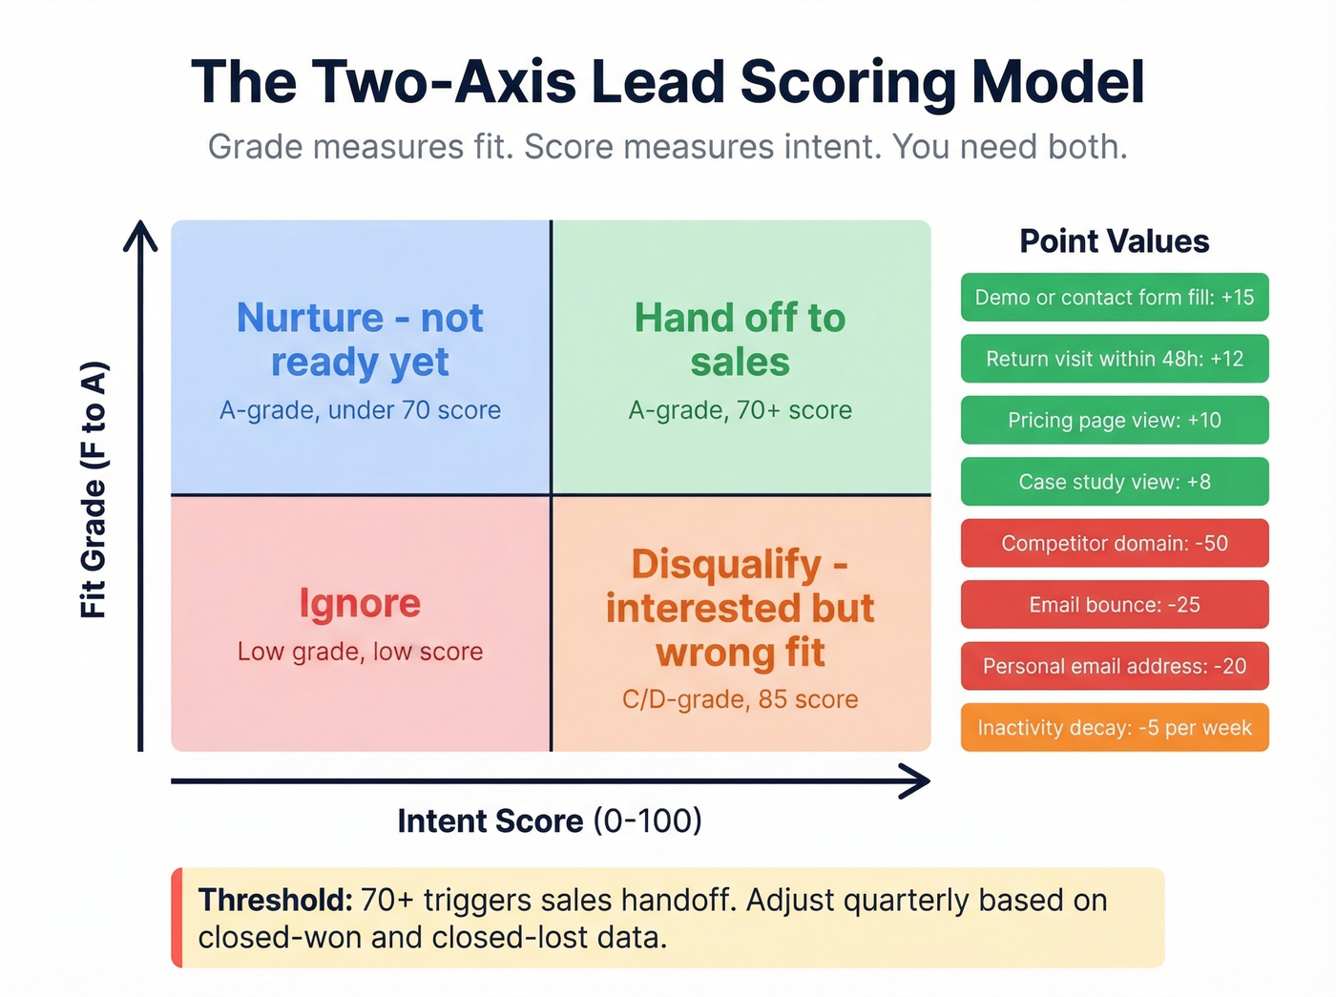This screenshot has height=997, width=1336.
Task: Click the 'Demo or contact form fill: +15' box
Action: (x=1114, y=298)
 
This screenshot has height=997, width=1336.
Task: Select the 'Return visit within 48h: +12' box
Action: (x=1114, y=359)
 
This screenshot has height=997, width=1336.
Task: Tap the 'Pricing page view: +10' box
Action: (x=1114, y=421)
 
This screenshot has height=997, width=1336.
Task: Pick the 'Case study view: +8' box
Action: (x=1114, y=482)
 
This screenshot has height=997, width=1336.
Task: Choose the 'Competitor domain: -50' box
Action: (x=1114, y=544)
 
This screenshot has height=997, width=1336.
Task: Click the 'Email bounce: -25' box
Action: (x=1114, y=605)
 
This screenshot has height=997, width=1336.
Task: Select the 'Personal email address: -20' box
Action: (x=1114, y=666)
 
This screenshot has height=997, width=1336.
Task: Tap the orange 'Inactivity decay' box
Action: (x=1114, y=728)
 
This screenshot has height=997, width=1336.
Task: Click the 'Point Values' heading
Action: (x=1114, y=241)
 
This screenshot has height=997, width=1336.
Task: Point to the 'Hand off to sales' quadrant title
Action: (x=740, y=340)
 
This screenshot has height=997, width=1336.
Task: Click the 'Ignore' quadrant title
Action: (x=360, y=603)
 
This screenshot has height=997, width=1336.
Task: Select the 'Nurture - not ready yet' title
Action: (x=360, y=340)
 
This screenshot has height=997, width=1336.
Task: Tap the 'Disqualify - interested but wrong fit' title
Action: (x=740, y=609)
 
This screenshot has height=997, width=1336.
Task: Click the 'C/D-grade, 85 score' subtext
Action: (x=740, y=699)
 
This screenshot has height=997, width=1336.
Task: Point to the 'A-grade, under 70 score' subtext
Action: (x=360, y=410)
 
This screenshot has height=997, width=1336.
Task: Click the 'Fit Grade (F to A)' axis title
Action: (x=94, y=489)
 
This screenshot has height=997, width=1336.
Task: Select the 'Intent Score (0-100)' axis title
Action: (x=550, y=820)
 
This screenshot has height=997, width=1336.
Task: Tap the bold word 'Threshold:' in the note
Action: (x=275, y=901)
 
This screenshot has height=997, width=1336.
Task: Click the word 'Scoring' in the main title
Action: (x=847, y=82)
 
